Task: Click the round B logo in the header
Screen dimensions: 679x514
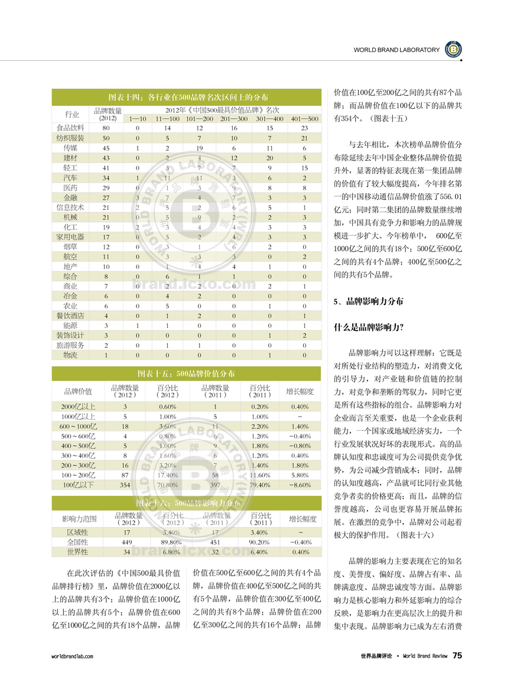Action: (453, 50)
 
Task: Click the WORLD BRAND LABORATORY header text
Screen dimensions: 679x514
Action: (396, 50)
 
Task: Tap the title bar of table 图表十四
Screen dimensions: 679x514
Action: (188, 96)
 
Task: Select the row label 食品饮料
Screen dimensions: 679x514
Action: (71, 128)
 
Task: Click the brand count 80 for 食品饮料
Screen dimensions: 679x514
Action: (106, 128)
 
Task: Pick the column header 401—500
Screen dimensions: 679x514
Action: (304, 119)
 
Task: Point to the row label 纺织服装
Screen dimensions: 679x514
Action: (71, 138)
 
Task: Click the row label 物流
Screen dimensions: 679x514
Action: (71, 355)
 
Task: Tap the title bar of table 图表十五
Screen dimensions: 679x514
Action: (188, 373)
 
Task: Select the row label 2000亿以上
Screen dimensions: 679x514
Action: (78, 407)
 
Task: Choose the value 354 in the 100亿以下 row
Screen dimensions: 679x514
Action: (125, 485)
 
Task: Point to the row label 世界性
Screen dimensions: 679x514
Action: (78, 552)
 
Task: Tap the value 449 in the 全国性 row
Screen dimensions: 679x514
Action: (126, 542)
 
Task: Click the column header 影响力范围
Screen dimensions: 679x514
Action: (79, 519)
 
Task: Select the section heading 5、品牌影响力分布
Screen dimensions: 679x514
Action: (369, 301)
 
